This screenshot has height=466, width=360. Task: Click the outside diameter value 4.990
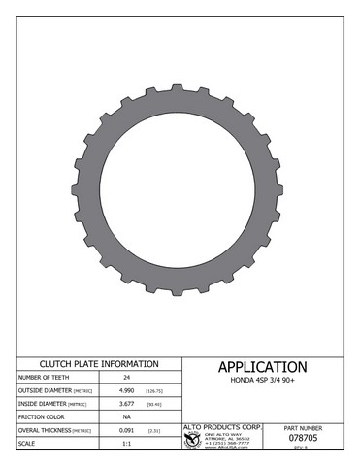click(126, 390)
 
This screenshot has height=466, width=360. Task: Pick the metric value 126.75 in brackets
click(154, 390)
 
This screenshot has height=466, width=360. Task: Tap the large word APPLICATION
click(262, 367)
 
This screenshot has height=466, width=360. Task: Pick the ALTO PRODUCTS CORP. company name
click(223, 426)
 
